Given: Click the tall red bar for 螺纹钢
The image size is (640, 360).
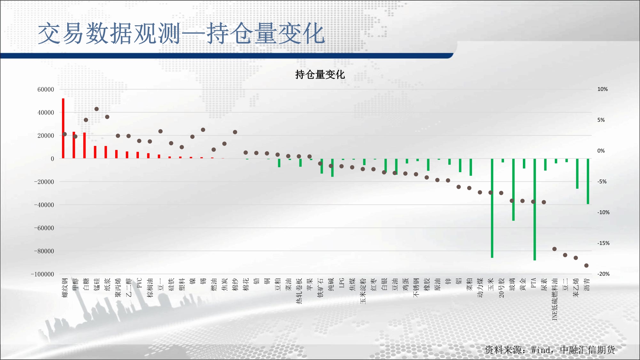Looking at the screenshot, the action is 63,128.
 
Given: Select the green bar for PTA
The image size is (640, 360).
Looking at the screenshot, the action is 535,210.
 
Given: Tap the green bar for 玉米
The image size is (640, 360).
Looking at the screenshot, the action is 492,208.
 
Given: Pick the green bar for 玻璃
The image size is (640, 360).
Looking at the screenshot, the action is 513,190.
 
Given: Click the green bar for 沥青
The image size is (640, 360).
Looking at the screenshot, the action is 588,181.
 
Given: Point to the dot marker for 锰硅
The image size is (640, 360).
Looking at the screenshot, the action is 97,109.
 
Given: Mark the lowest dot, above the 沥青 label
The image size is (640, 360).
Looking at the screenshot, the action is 586,266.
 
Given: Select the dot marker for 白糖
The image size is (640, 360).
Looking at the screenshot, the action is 86,120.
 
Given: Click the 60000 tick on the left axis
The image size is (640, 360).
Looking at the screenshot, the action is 46,90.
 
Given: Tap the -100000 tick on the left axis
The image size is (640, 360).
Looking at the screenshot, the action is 43,274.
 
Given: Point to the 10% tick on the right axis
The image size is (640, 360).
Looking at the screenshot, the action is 603,89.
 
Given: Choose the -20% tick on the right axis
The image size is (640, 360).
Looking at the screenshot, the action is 604,274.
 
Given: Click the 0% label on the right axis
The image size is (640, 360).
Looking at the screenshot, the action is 601,151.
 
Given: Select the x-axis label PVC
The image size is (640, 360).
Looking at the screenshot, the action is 139,283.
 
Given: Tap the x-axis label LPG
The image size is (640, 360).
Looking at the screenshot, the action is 342,283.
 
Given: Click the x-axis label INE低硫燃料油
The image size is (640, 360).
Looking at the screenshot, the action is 555,299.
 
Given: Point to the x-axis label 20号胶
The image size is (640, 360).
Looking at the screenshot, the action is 501,288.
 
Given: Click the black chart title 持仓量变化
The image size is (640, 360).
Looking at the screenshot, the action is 320,75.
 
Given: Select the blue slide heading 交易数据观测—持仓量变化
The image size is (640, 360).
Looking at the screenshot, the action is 181,33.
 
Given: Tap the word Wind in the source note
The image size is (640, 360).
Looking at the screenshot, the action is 541,350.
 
